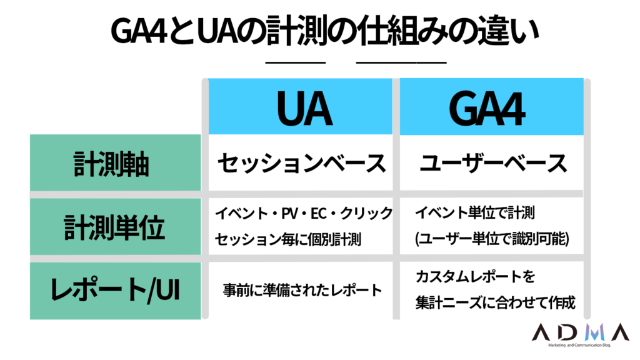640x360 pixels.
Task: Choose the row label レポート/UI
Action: [x=116, y=291]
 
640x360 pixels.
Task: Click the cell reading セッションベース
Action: [x=301, y=163]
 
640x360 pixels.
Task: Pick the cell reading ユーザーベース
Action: [x=493, y=163]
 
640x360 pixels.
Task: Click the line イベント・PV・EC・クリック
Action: [x=304, y=213]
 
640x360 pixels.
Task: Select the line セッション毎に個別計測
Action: [x=287, y=239]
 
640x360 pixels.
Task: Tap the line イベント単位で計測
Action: [x=475, y=212]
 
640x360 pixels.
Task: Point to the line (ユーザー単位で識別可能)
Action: [x=492, y=239]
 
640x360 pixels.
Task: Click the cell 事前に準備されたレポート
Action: [x=302, y=290]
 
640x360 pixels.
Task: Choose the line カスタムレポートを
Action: [x=475, y=277]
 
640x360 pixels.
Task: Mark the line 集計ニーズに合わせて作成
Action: [x=495, y=302]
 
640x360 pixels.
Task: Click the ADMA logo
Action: [x=581, y=332]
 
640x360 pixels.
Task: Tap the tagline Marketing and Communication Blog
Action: [x=579, y=345]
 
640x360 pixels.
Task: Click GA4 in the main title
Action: [x=139, y=31]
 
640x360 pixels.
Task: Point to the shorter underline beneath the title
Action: [x=295, y=62]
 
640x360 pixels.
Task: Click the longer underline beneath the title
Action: [x=401, y=62]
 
